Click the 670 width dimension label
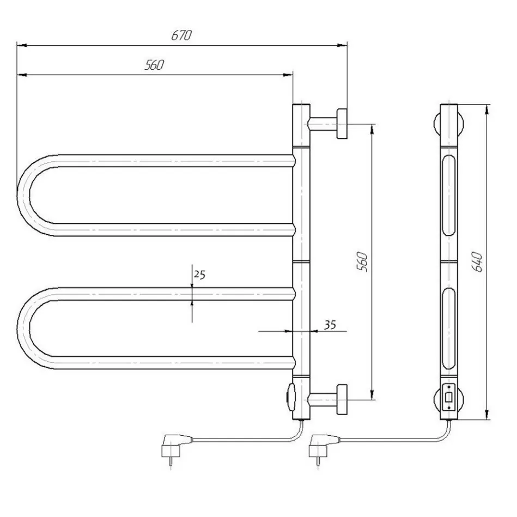pos(181,35)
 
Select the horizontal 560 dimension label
pos(154,65)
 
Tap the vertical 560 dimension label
pos(362,262)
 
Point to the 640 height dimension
pos(477,262)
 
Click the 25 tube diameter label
pos(199,275)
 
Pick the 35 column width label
pos(330,325)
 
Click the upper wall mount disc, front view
pos(342,124)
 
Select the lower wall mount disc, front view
pos(342,399)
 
